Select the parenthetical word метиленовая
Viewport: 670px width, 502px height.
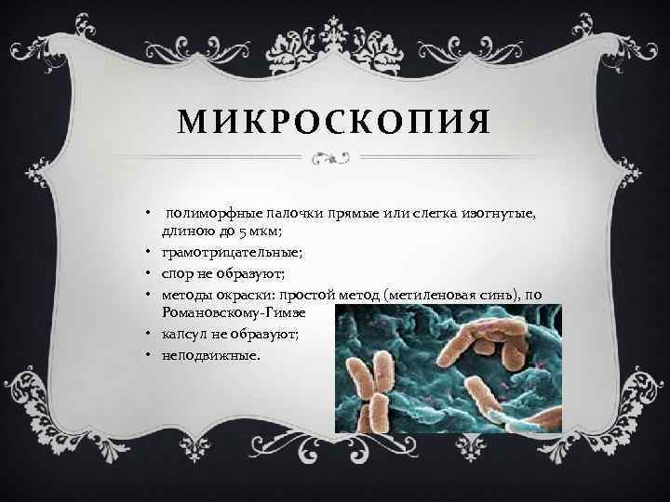432,296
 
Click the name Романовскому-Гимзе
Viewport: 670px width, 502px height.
233,313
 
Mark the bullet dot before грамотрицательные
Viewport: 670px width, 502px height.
149,253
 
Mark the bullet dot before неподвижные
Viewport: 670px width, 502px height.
149,356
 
